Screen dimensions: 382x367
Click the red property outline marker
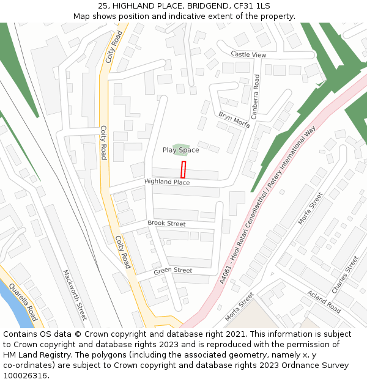[x=183, y=169]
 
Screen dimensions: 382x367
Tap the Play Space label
[x=180, y=150]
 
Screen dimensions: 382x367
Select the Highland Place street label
[x=167, y=182]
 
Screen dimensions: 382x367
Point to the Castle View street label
[x=248, y=55]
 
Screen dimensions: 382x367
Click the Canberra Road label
[x=257, y=96]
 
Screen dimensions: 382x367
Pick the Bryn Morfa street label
[x=234, y=120]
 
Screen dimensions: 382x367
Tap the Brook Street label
[x=166, y=224]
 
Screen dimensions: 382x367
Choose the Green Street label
[x=172, y=271]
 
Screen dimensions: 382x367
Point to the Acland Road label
[x=324, y=301]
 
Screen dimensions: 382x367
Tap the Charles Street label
[x=345, y=274]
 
